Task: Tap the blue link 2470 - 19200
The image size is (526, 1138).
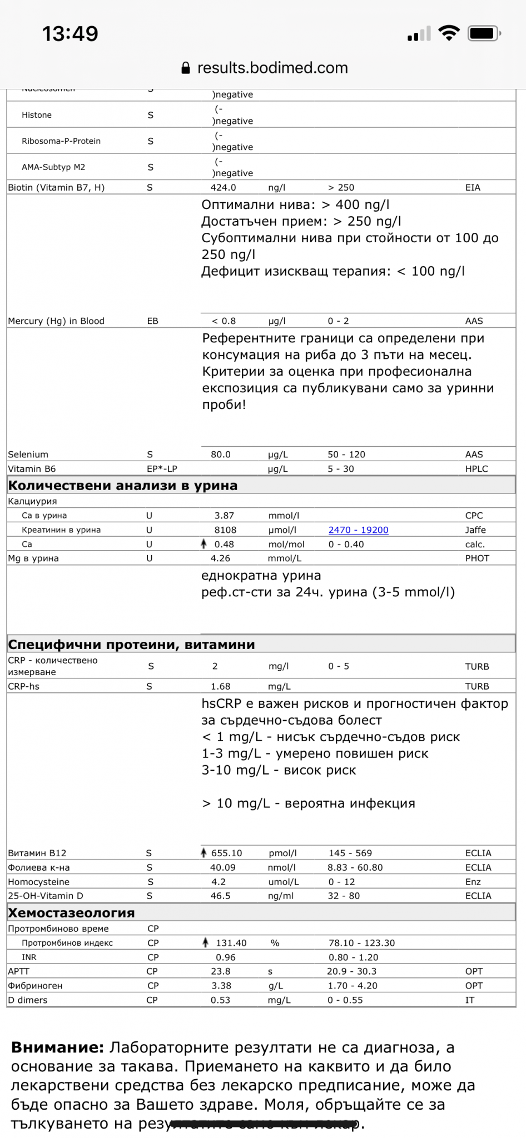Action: (358, 530)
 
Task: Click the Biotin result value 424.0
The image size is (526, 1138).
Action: (223, 188)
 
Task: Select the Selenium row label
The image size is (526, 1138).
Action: (28, 455)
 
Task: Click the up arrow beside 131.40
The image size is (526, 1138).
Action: (205, 942)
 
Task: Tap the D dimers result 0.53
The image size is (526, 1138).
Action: (220, 1000)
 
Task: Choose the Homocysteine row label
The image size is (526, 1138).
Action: (39, 882)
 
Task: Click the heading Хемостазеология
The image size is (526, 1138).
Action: (71, 912)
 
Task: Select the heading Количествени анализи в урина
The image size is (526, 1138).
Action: (122, 486)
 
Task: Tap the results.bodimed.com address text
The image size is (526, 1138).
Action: (272, 68)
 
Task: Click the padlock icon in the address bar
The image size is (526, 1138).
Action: (186, 68)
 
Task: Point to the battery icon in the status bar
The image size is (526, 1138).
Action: (484, 34)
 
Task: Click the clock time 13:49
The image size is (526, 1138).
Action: (70, 34)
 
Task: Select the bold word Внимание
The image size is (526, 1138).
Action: (57, 1047)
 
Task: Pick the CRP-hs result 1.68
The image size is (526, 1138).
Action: (220, 686)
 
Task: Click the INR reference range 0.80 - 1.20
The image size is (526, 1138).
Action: (353, 957)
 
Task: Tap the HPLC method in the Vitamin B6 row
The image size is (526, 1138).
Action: (477, 469)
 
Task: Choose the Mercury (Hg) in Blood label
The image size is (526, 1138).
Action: (56, 321)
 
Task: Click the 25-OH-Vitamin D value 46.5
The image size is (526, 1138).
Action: (220, 896)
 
